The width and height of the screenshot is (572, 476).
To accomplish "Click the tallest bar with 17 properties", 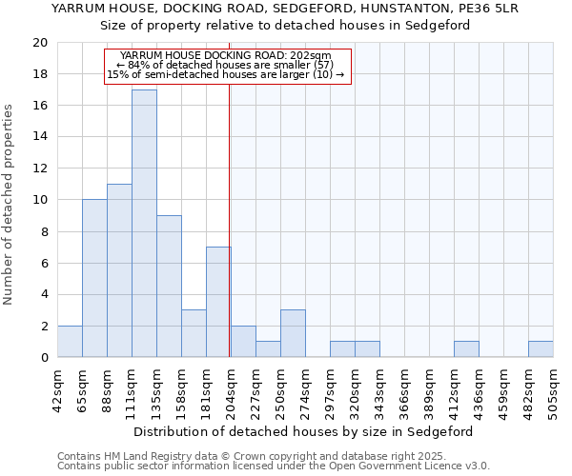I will tap(144, 224).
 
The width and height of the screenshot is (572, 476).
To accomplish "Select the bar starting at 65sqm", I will tap(94, 278).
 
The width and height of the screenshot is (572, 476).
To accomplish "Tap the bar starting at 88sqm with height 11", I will tap(119, 270).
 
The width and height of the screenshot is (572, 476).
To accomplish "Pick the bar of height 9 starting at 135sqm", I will tap(169, 287).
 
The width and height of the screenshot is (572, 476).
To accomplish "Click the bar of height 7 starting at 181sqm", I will tap(218, 302).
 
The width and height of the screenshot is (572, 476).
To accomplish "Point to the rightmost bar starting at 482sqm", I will tap(541, 349).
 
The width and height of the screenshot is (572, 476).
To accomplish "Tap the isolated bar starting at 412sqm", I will tap(466, 349).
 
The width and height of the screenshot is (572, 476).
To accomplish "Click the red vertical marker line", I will tap(230, 238).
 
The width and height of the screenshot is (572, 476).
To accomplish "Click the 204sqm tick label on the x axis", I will tap(232, 387).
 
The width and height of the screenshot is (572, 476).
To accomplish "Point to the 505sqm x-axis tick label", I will tap(554, 387).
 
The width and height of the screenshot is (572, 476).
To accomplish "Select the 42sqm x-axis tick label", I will tap(58, 387).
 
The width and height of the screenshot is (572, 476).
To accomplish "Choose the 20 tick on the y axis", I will tap(39, 43).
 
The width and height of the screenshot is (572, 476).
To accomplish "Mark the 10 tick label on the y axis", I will tap(39, 200).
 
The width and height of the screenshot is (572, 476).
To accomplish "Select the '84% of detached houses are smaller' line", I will tap(228, 65).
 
